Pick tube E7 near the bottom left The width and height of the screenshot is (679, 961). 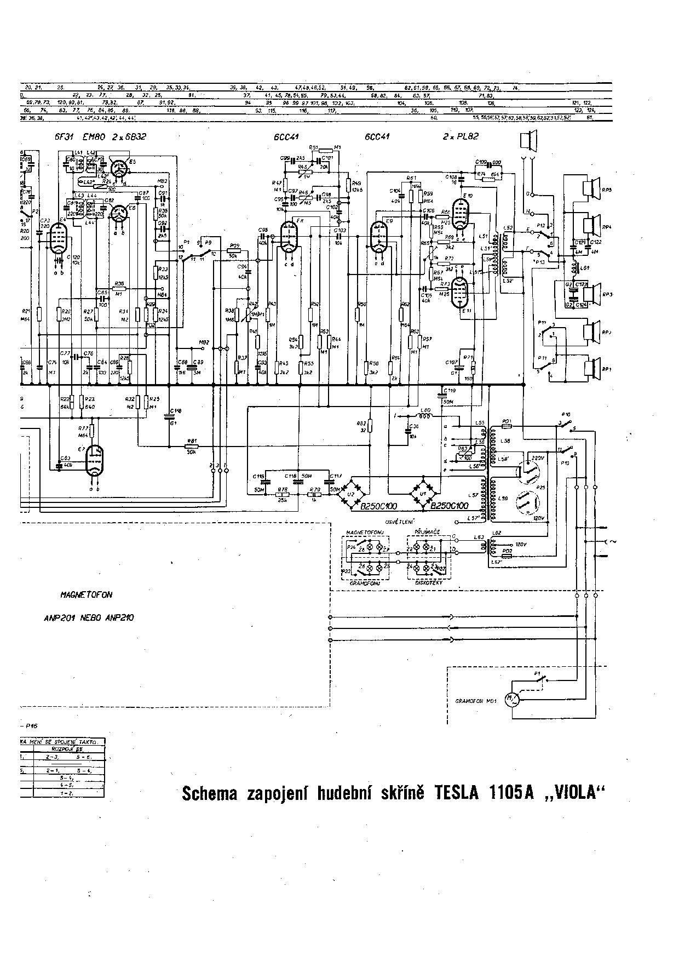point(96,459)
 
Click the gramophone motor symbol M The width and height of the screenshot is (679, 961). point(513,699)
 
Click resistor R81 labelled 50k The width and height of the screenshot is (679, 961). point(192,446)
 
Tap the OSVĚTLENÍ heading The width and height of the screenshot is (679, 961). point(400,521)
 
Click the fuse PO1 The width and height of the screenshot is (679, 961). point(507,426)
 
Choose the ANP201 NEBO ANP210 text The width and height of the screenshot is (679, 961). point(89,617)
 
